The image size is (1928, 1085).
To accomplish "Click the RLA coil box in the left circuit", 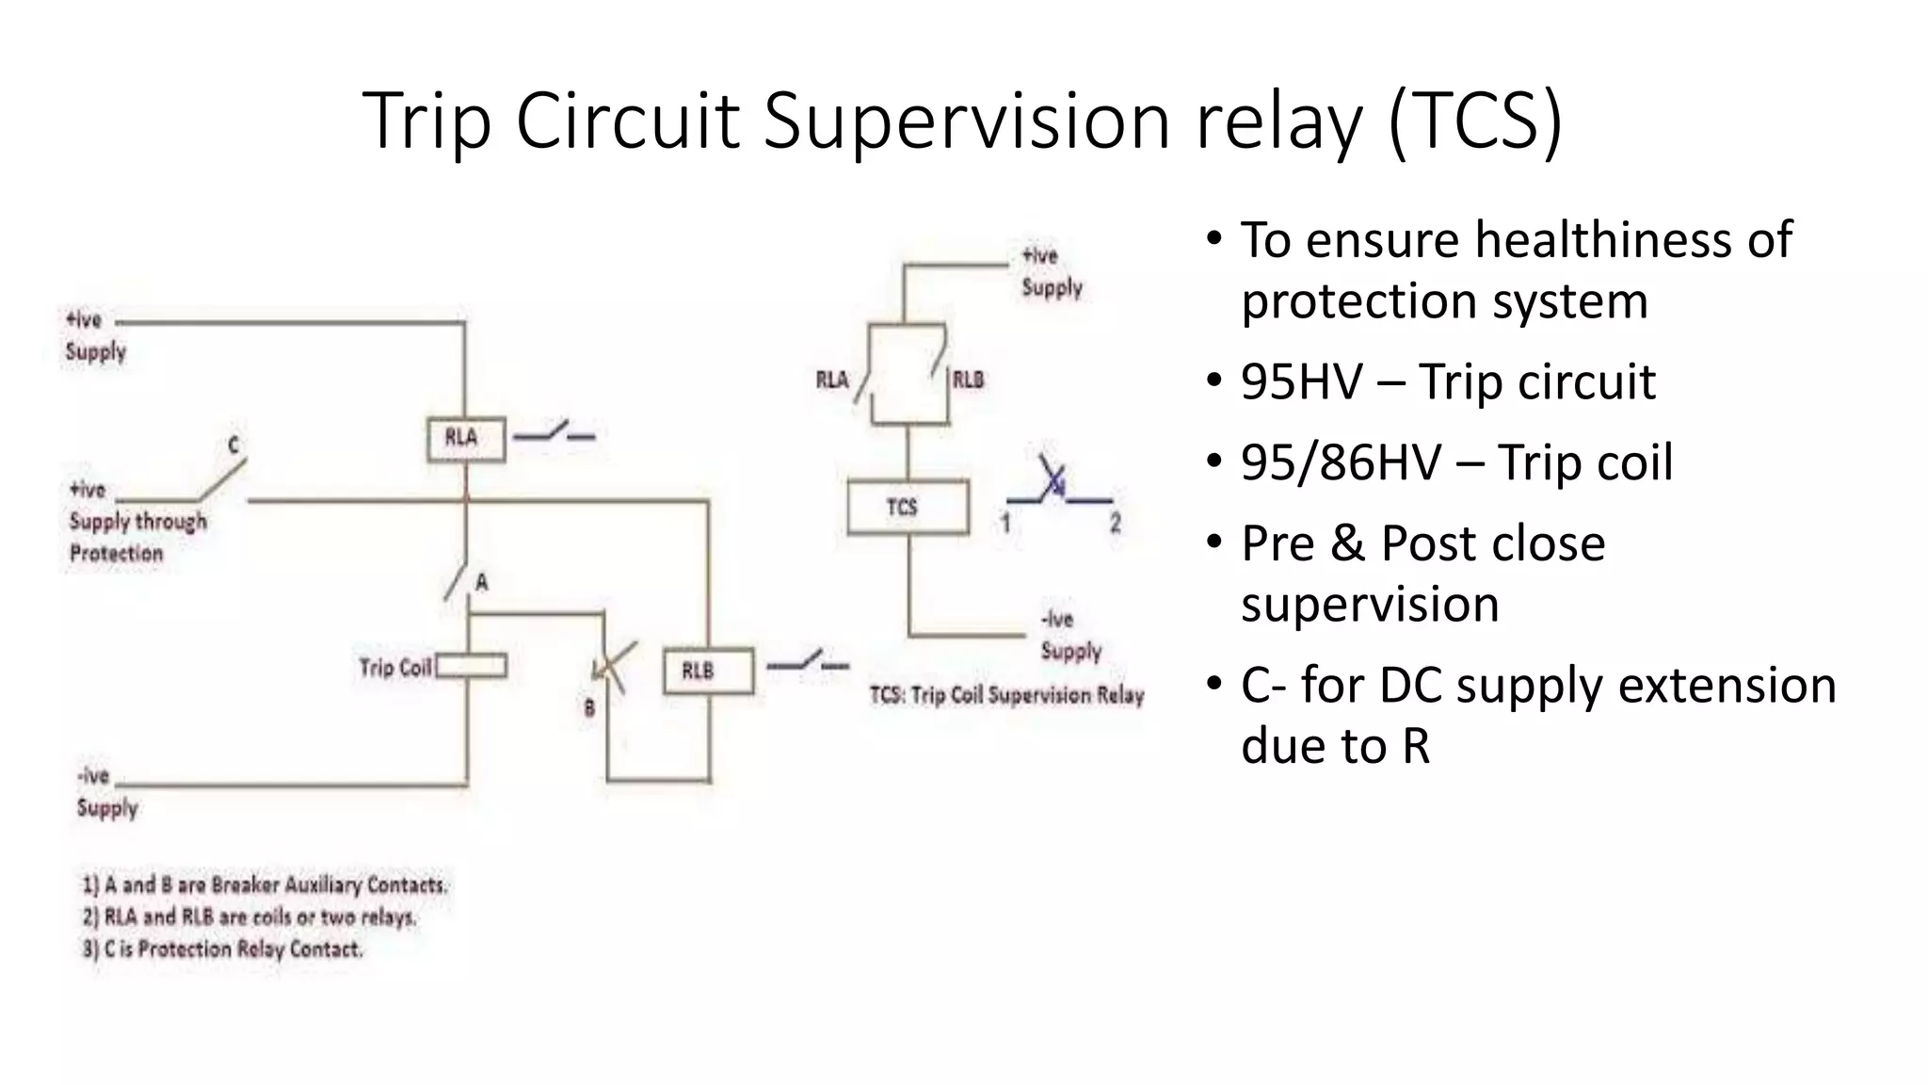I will (465, 439).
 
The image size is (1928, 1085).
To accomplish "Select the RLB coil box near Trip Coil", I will (708, 672).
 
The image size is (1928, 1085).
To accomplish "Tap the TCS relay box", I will (908, 508).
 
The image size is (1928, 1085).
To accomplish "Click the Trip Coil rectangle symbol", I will (472, 667).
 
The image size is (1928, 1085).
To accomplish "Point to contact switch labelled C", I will (222, 479).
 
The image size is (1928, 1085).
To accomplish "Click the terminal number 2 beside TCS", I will (1115, 524).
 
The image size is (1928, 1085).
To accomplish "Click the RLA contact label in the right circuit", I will (831, 380).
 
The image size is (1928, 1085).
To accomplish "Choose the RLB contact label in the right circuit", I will (968, 380).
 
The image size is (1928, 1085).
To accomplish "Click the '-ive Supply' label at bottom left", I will (105, 792).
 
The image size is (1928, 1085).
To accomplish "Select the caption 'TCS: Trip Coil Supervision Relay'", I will (1006, 695).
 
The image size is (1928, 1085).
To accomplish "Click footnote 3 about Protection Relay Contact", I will (222, 949).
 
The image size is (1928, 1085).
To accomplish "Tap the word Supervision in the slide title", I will (966, 121).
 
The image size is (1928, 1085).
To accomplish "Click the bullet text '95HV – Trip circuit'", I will (1447, 381).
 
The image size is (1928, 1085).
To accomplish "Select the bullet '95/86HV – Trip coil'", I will (1455, 462).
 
